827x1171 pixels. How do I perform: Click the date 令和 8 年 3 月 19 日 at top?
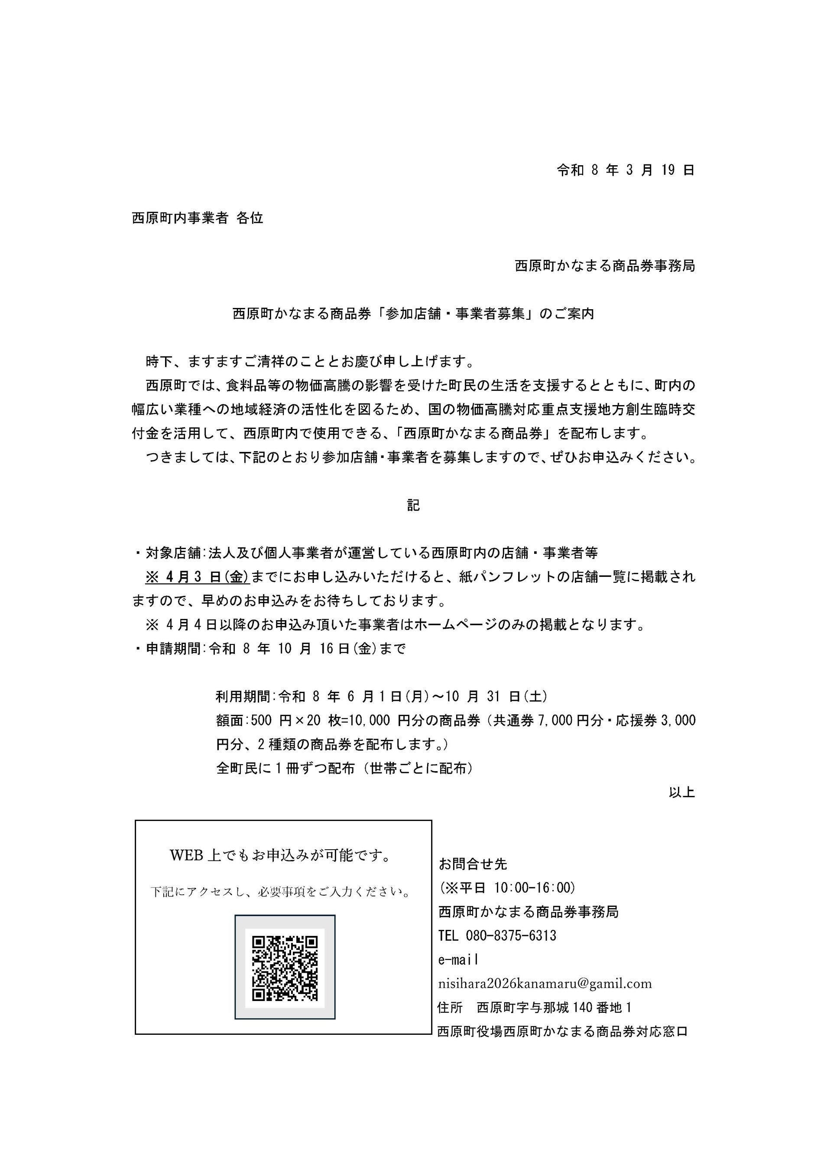[x=625, y=170]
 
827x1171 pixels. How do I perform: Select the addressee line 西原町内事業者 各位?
[x=198, y=218]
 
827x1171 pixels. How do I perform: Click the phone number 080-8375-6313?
[x=511, y=935]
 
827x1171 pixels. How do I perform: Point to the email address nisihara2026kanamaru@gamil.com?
[x=545, y=983]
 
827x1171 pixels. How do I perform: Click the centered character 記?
[x=413, y=505]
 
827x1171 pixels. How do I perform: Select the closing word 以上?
[x=682, y=792]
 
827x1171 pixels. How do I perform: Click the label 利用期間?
[x=245, y=696]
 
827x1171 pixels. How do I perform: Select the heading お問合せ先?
[x=473, y=864]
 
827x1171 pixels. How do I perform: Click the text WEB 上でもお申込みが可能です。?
[x=281, y=855]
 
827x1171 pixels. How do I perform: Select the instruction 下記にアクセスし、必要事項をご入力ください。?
[x=281, y=892]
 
